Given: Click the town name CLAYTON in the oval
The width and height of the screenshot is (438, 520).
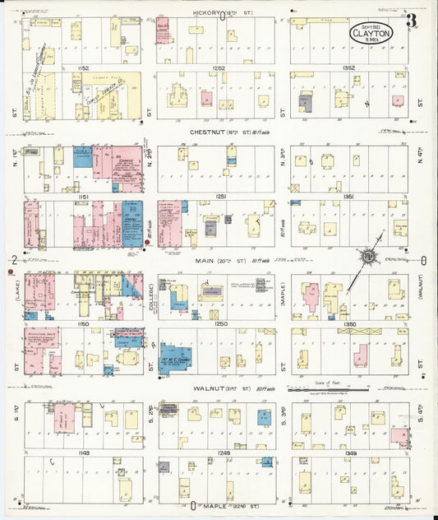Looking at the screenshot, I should click(x=371, y=33).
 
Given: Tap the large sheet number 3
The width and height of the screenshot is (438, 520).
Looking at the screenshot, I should click(x=410, y=19).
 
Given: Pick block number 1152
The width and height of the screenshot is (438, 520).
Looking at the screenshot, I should click(x=82, y=68).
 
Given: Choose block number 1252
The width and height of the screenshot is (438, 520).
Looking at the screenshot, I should click(x=217, y=68).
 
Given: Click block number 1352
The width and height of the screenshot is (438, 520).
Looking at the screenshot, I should click(x=348, y=68).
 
